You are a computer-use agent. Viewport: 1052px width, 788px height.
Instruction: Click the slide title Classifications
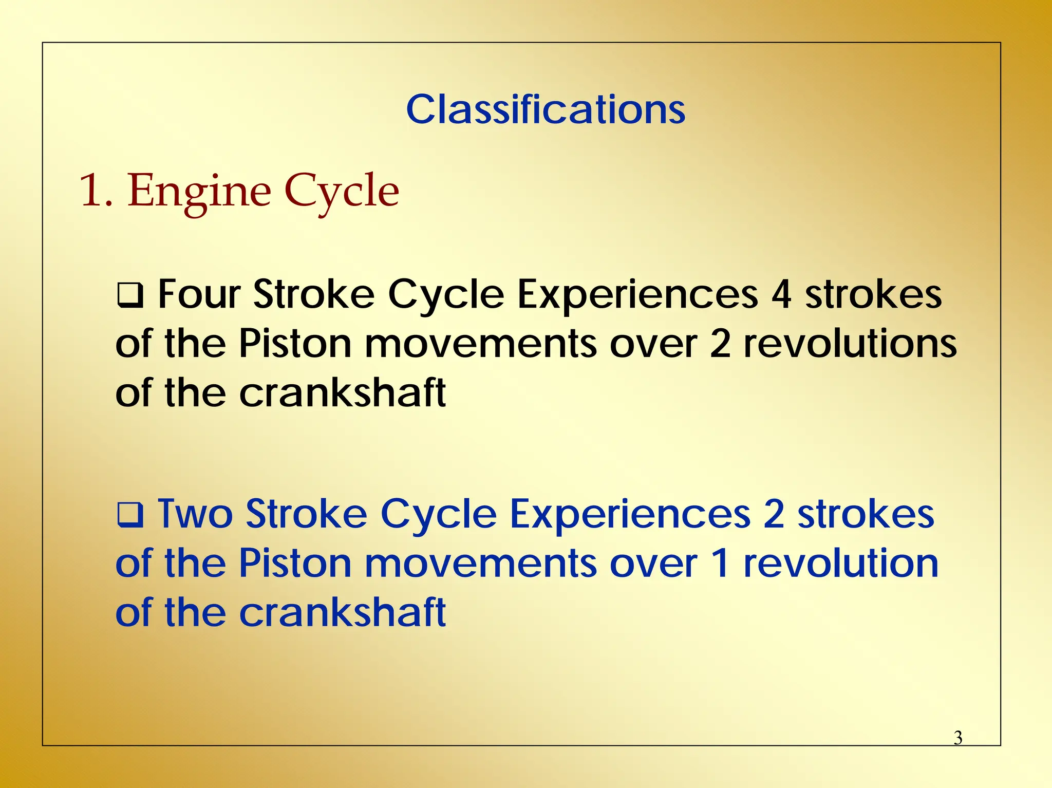click(x=546, y=109)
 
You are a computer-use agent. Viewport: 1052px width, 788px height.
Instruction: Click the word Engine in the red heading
click(x=199, y=192)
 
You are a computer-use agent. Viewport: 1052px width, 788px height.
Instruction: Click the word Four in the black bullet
click(x=199, y=294)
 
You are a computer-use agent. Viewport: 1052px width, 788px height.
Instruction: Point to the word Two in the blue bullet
click(x=195, y=514)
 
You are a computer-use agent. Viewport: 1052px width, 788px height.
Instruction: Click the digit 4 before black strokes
click(x=781, y=294)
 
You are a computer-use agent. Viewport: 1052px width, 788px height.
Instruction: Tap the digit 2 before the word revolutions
click(x=720, y=344)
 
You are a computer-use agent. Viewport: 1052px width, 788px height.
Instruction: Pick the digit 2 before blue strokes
click(x=774, y=514)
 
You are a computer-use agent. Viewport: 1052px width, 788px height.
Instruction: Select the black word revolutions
click(x=850, y=344)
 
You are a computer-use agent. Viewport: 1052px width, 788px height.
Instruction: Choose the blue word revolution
click(x=841, y=564)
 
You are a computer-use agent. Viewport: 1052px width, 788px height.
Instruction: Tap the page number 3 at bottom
click(x=957, y=738)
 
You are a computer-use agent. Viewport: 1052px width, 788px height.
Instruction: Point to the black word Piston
click(x=295, y=344)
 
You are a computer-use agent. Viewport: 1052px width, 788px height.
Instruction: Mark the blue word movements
click(x=480, y=564)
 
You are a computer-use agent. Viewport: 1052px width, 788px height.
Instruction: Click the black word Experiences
click(x=637, y=294)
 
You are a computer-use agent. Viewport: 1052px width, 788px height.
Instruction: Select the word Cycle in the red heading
click(x=342, y=192)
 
